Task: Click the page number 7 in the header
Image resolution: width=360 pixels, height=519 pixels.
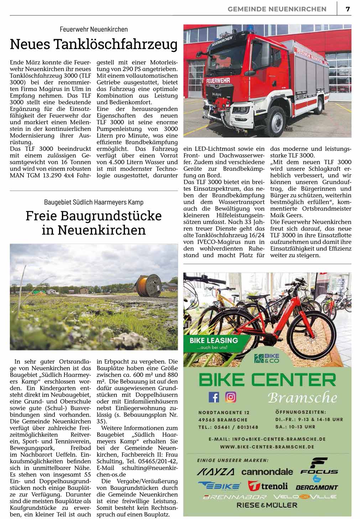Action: pos(348,9)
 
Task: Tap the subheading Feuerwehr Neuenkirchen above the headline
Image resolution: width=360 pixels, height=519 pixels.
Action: pos(94,29)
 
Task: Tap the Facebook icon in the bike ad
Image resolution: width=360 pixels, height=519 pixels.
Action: pos(214,396)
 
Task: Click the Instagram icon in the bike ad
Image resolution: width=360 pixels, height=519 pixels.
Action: pos(231,396)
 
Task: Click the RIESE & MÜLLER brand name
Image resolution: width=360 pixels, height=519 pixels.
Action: pos(267,505)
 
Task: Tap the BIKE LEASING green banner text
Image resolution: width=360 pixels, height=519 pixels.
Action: pos(214,341)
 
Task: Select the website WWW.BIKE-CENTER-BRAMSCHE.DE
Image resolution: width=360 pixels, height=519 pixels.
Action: pos(267,446)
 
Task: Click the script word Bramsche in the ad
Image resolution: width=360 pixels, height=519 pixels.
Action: pos(302,397)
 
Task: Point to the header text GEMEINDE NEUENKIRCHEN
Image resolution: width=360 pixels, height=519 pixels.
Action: pos(277,9)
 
